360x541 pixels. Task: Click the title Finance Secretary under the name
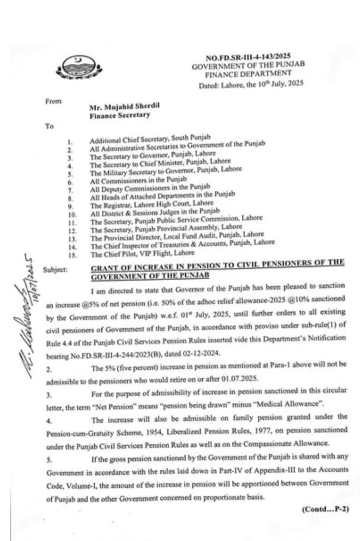(119, 114)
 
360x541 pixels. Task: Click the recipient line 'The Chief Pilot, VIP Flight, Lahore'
(141, 253)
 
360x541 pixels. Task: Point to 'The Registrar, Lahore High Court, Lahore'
(151, 203)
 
